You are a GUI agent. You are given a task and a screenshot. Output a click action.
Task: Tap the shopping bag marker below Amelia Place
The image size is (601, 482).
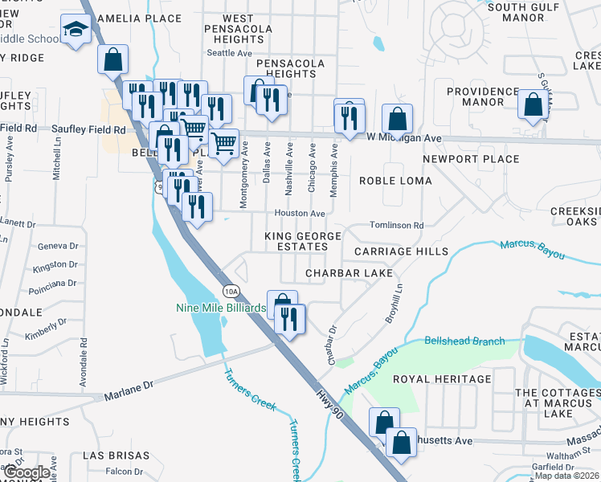[x=113, y=59]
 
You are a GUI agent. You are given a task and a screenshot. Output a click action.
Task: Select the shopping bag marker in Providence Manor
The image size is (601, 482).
[x=533, y=104]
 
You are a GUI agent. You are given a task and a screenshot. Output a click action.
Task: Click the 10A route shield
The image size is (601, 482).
[x=231, y=291]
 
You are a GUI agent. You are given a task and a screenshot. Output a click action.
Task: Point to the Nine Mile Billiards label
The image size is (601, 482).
[x=221, y=308]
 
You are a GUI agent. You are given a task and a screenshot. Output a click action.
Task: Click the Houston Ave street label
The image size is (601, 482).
[x=300, y=214]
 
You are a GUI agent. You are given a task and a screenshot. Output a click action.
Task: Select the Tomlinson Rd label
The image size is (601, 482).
[x=396, y=226]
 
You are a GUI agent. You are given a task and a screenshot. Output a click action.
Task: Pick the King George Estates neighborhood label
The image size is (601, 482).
[x=303, y=241]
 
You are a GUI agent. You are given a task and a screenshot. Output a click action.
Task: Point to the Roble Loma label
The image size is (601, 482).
[x=395, y=181]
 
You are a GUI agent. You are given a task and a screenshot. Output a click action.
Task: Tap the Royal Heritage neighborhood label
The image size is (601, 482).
[x=441, y=378]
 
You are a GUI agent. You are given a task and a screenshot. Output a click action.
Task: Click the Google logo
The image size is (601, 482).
[x=26, y=473]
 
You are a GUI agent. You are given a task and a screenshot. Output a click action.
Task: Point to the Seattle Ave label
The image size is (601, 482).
[x=230, y=53]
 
